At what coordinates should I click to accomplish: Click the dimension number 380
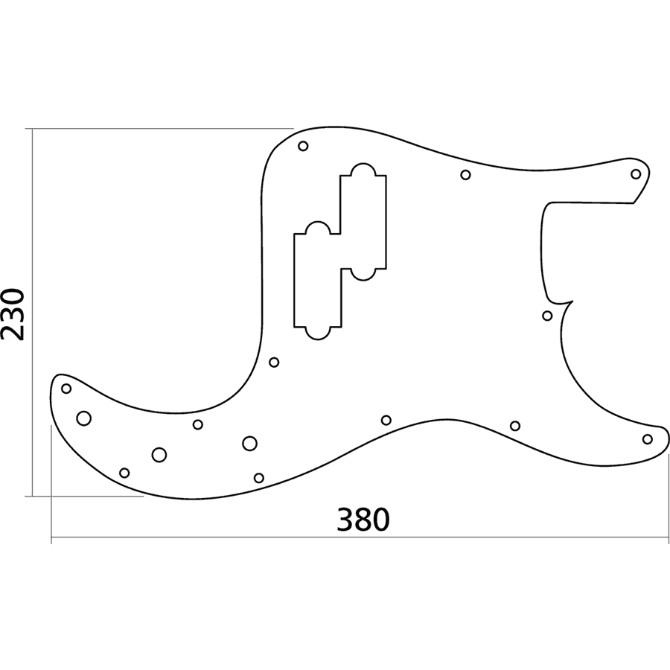pyautogui.click(x=363, y=520)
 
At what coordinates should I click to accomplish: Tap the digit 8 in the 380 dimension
pyautogui.click(x=363, y=520)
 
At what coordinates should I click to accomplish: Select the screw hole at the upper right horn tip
pyautogui.click(x=636, y=174)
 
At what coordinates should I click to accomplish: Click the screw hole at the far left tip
pyautogui.click(x=66, y=388)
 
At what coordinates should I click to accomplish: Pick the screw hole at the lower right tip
pyautogui.click(x=648, y=439)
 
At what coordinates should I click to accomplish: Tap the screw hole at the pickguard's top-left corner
pyautogui.click(x=303, y=146)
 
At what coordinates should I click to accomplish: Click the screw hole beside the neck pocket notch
pyautogui.click(x=547, y=316)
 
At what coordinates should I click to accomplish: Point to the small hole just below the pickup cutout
pyautogui.click(x=274, y=363)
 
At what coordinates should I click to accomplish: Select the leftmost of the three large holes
pyautogui.click(x=84, y=418)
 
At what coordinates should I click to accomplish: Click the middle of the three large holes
pyautogui.click(x=159, y=454)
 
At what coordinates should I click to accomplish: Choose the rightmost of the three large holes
pyautogui.click(x=249, y=444)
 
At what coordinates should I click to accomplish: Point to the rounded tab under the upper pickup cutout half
pyautogui.click(x=363, y=274)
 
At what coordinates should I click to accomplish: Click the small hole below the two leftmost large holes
pyautogui.click(x=124, y=473)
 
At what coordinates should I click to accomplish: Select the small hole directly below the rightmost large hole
pyautogui.click(x=259, y=478)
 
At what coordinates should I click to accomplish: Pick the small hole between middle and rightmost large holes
pyautogui.click(x=198, y=425)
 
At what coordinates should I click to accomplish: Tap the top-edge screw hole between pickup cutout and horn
pyautogui.click(x=465, y=175)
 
